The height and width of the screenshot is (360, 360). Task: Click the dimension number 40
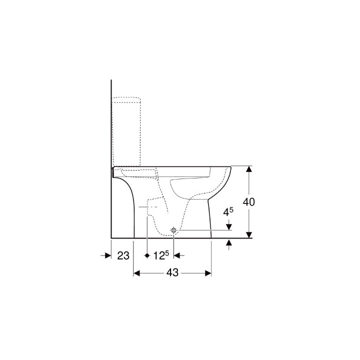click(x=248, y=202)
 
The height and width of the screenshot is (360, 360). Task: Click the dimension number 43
click(x=172, y=273)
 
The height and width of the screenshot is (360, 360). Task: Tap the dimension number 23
click(x=123, y=255)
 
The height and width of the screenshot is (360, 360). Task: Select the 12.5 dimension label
click(x=160, y=255)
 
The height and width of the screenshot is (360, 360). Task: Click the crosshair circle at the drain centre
click(x=173, y=230)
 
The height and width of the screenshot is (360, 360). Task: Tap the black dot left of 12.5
click(x=147, y=255)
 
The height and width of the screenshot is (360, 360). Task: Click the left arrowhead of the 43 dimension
click(x=136, y=273)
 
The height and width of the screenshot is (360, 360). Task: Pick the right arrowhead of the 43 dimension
click(x=208, y=273)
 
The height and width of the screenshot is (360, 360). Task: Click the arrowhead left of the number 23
click(x=107, y=255)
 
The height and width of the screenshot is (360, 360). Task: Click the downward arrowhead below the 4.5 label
click(x=229, y=227)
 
